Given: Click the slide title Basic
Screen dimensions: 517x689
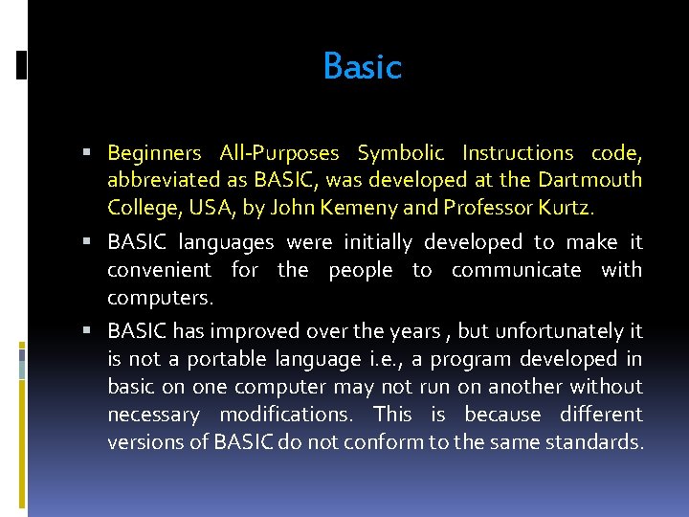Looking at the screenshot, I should (x=362, y=67).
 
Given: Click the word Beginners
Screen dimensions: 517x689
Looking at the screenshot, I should (x=154, y=153).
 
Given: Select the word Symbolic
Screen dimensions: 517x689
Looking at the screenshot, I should (x=400, y=153).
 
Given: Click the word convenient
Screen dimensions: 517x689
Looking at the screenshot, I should (x=159, y=270).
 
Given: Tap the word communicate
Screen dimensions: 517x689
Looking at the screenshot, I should (x=516, y=270).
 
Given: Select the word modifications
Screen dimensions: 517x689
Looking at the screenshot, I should (x=285, y=415).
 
